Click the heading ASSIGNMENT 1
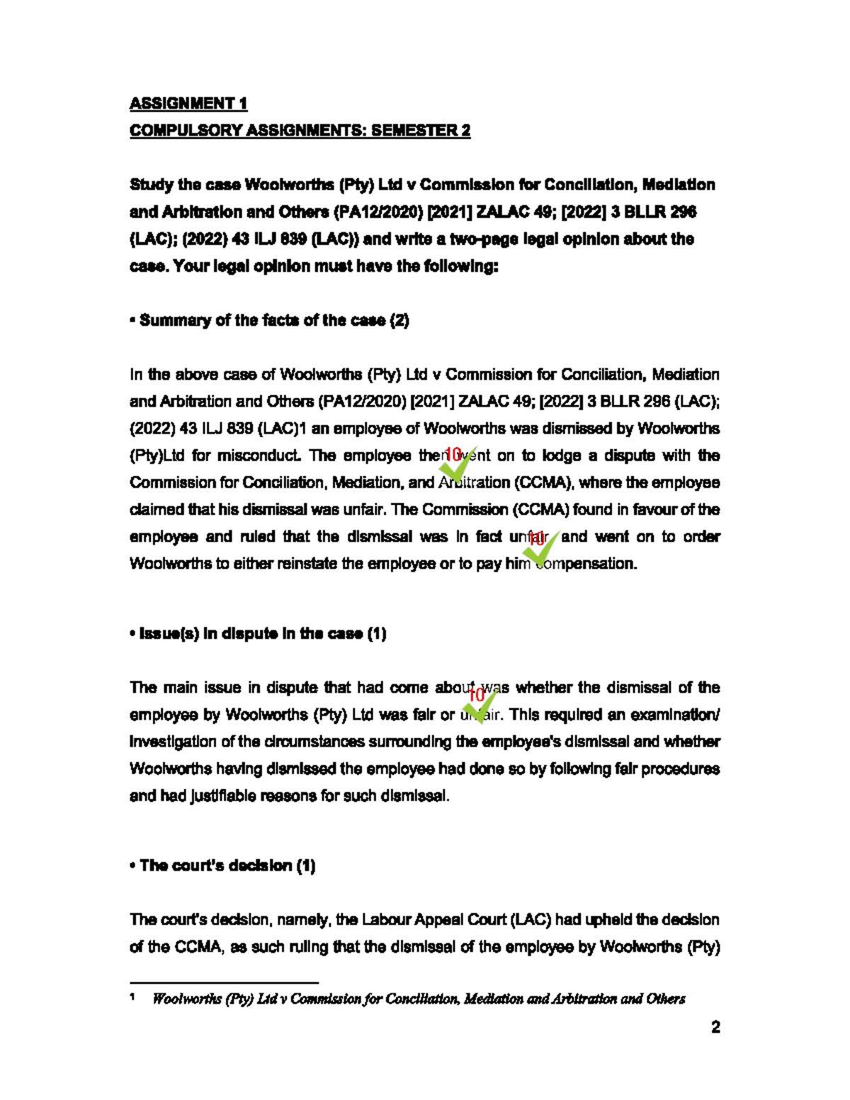188,103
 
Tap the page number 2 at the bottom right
715,1027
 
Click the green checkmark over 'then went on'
457,465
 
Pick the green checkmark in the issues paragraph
481,705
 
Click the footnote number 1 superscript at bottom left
133,997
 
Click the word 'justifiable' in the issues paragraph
224,795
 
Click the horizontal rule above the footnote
224,982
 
